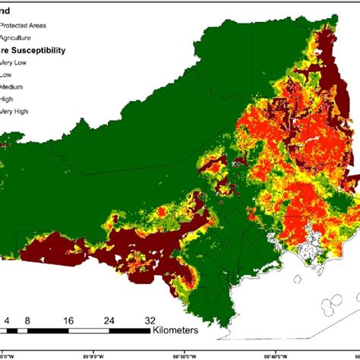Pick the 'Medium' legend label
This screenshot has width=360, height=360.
coord(17,88)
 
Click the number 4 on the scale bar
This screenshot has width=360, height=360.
coord(7,321)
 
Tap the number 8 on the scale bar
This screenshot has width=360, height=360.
coord(27,321)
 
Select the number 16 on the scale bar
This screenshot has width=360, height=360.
coord(69,321)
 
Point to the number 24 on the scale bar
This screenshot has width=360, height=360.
coord(109,321)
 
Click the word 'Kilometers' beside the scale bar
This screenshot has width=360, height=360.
coord(175,330)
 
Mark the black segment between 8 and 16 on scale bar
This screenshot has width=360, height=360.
coord(48,331)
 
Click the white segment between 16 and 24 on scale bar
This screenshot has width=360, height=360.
coord(89,331)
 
